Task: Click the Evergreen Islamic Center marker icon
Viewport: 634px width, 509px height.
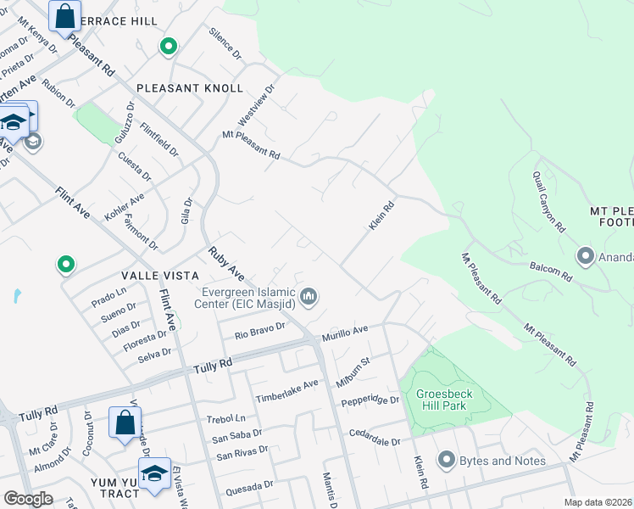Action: (309, 297)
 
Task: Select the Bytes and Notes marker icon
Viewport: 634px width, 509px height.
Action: (447, 460)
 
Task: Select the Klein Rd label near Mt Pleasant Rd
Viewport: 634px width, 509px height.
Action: (382, 215)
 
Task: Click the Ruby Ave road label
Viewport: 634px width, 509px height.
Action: (227, 264)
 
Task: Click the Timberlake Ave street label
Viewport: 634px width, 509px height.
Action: (287, 390)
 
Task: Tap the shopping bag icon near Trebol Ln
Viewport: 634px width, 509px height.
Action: (125, 422)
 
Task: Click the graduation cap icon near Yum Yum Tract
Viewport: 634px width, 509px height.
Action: (154, 473)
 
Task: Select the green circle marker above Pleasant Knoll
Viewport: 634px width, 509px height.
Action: (169, 47)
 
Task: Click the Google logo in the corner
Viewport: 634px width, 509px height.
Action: (28, 498)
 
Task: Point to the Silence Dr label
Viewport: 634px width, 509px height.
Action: (225, 42)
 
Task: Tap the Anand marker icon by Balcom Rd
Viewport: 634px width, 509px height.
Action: (585, 255)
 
